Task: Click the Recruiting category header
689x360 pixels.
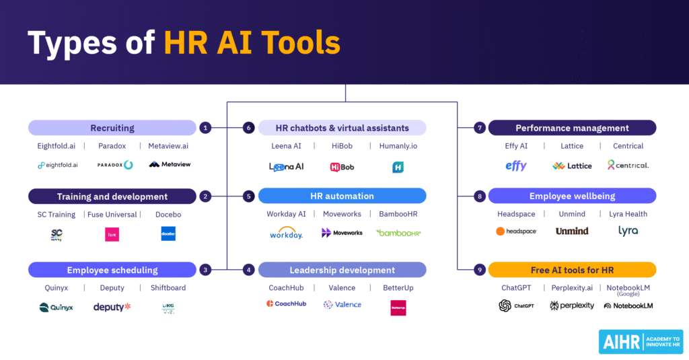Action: tap(112, 128)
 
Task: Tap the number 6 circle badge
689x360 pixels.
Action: tap(248, 128)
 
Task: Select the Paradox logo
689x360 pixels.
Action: tap(115, 165)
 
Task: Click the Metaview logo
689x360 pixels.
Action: tap(169, 165)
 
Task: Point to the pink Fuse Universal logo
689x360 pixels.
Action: tap(112, 234)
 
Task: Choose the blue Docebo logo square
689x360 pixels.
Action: tap(168, 233)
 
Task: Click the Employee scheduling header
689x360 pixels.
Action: tap(112, 270)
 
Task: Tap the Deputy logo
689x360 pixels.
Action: tap(112, 307)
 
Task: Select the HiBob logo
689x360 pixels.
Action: tap(342, 167)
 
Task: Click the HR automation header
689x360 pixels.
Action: tap(342, 196)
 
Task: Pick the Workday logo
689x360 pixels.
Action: tap(286, 233)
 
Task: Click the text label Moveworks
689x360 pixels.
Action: tap(342, 214)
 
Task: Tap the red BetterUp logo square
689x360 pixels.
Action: tap(398, 308)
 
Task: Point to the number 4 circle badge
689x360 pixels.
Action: tap(248, 270)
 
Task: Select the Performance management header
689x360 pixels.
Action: tap(572, 128)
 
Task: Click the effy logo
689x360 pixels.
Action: tap(516, 166)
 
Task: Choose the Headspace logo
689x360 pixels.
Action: tap(516, 231)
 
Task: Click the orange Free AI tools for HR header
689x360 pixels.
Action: tap(572, 270)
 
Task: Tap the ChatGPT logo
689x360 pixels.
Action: tap(516, 305)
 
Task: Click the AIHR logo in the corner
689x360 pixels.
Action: tap(639, 342)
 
